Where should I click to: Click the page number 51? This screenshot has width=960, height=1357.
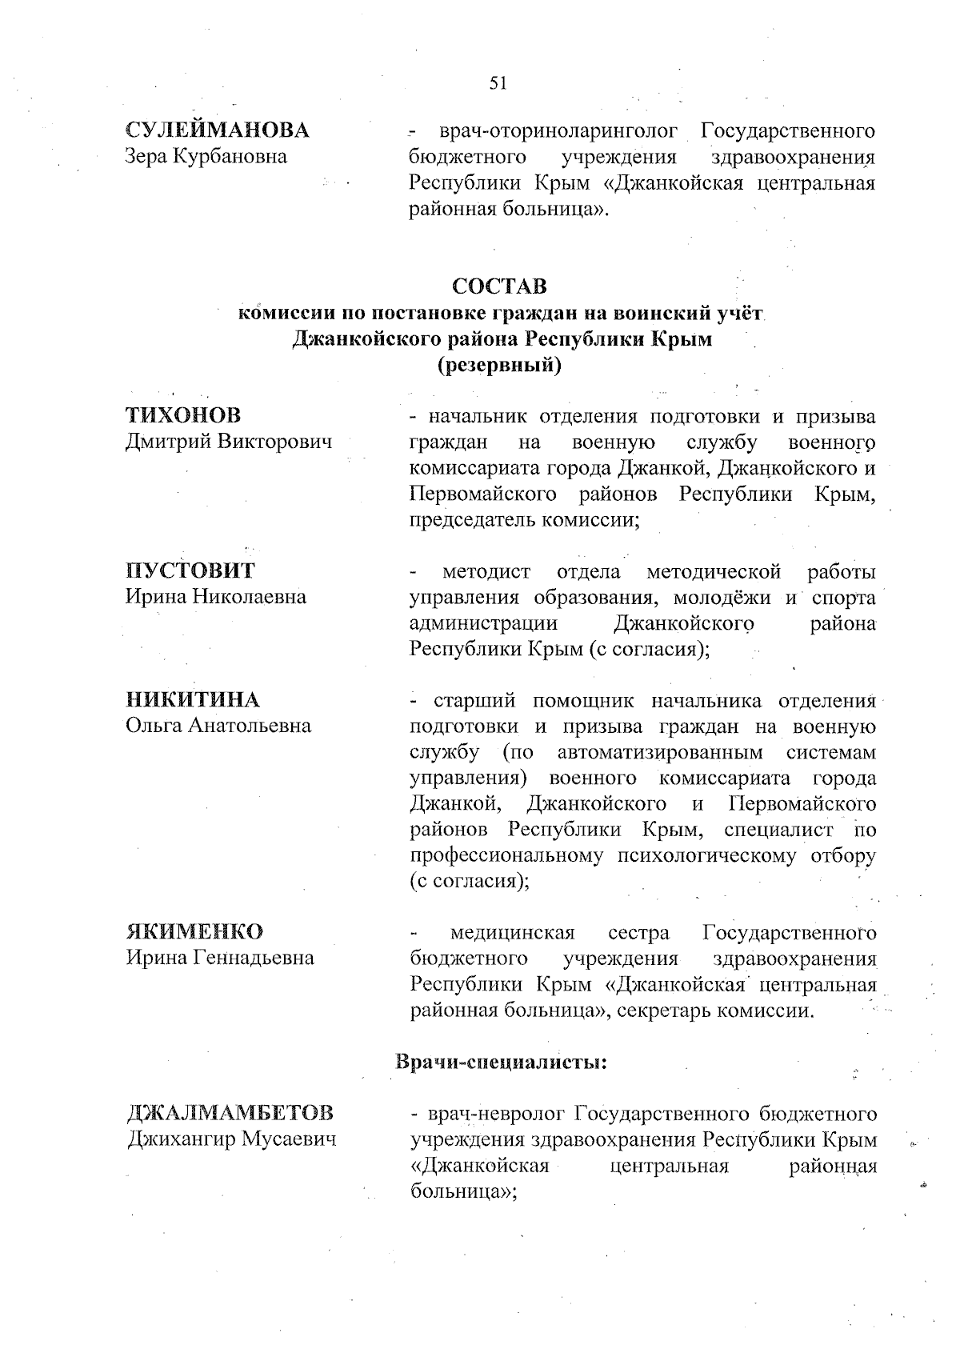[498, 83]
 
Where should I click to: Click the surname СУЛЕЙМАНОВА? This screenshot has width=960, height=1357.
[218, 130]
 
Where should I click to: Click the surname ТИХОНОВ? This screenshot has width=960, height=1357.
[183, 415]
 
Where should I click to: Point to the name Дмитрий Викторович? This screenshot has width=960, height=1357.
[229, 442]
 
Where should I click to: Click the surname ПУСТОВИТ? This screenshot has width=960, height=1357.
[191, 571]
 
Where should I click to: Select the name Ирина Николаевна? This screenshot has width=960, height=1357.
[216, 597]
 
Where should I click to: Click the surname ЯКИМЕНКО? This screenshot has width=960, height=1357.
[195, 932]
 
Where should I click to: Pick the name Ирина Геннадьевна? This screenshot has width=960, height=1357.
[221, 958]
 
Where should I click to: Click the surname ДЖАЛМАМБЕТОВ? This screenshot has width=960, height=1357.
[231, 1113]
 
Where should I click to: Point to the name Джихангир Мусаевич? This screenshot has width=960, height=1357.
[231, 1139]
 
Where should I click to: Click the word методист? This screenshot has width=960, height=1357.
[486, 572]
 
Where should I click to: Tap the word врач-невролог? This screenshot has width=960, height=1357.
[498, 1113]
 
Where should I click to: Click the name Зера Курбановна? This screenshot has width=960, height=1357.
[206, 156]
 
